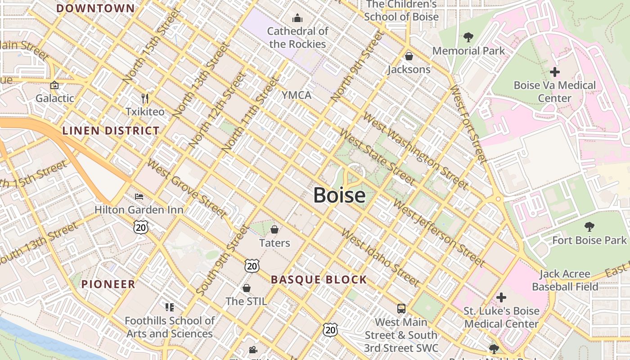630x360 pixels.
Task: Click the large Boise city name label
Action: tap(339, 195)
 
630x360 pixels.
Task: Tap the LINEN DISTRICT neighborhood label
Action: tap(111, 131)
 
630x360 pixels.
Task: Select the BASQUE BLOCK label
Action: tap(319, 279)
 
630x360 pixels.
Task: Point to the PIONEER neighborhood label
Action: tap(108, 284)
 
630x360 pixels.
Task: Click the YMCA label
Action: tap(296, 95)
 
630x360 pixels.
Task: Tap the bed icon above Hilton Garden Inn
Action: tap(139, 197)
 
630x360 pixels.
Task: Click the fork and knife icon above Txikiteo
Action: tap(145, 98)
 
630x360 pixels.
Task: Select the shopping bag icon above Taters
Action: tap(274, 229)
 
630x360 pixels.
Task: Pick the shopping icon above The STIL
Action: tap(246, 288)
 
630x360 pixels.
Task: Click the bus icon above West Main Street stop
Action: tap(401, 309)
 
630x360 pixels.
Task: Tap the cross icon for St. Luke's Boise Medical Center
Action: tap(501, 297)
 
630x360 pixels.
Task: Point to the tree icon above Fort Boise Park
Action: tap(589, 226)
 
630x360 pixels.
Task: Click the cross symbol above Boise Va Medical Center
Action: tap(555, 72)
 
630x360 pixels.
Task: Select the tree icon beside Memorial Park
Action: tap(468, 37)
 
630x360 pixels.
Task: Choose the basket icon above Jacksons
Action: tap(409, 56)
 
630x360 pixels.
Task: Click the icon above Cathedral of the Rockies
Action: tap(297, 18)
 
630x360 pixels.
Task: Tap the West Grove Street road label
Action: tap(187, 189)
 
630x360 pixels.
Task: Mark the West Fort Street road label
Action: tap(468, 124)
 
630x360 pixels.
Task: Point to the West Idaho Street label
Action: tap(380, 257)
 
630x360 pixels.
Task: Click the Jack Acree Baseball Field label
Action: tap(565, 280)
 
